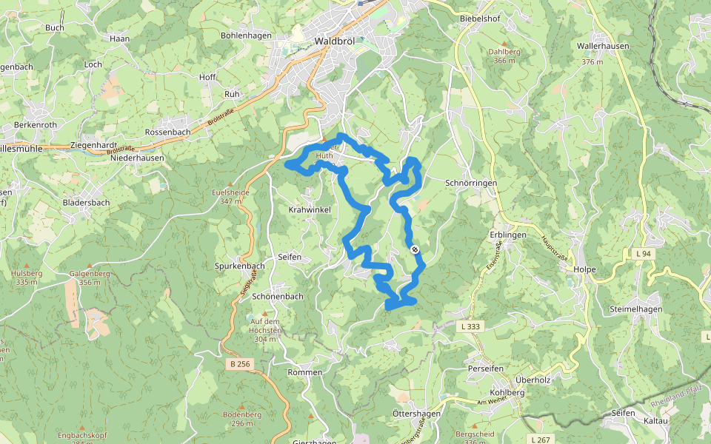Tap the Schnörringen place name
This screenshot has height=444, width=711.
click(x=471, y=183)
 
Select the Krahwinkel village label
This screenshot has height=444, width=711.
click(x=309, y=210)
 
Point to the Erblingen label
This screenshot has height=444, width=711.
click(x=507, y=235)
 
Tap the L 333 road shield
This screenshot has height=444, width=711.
click(x=470, y=326)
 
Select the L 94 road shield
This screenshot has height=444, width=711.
click(x=643, y=253)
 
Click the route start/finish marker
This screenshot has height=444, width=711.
click(x=415, y=249)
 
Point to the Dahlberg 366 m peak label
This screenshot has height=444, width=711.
click(x=505, y=55)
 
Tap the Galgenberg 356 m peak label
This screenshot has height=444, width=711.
click(x=84, y=277)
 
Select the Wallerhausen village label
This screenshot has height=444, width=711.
click(x=603, y=46)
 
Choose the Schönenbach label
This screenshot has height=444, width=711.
click(x=278, y=296)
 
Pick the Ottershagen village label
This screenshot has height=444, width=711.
click(x=416, y=414)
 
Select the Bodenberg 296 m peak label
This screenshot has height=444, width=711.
click(x=242, y=419)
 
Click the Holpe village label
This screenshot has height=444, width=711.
click(x=584, y=269)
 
